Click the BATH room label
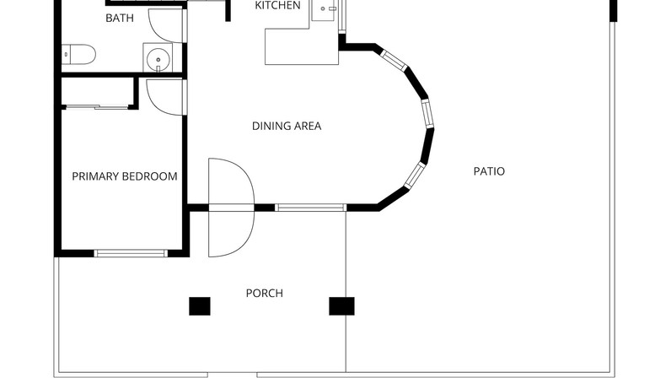(x=120, y=18)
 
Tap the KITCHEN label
(x=277, y=6)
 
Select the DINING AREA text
(x=287, y=126)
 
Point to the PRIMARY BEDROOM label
(x=125, y=176)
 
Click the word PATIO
(x=489, y=171)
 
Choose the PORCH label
(x=265, y=293)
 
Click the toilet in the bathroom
(x=78, y=55)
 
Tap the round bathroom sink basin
(x=158, y=59)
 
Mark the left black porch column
(x=200, y=306)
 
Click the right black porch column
(x=341, y=306)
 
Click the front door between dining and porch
(x=232, y=208)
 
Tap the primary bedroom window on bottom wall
(x=131, y=253)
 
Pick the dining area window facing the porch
(x=310, y=208)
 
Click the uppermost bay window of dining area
(x=395, y=61)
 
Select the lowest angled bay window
(x=415, y=175)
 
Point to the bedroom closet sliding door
(x=97, y=107)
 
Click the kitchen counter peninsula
(x=302, y=46)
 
